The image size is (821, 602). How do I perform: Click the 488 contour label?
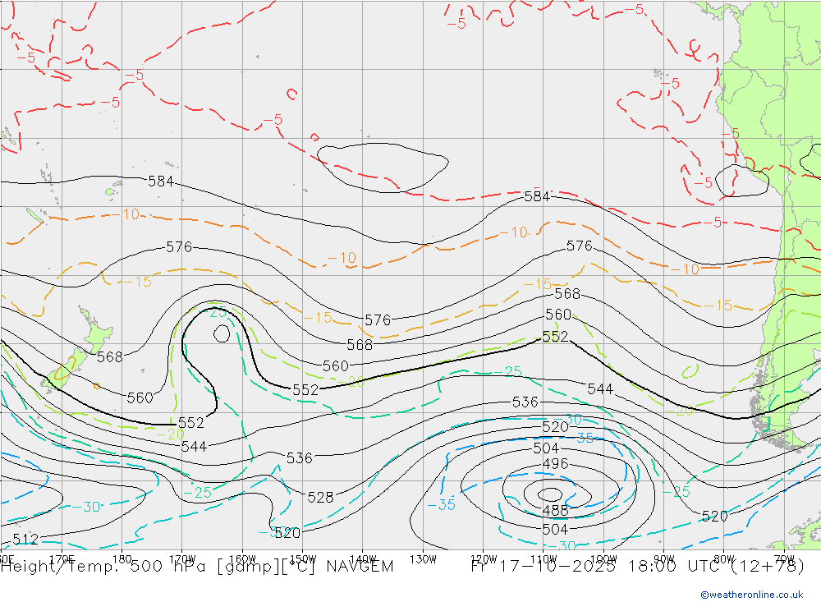click(556, 511)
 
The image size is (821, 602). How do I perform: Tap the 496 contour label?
click(556, 464)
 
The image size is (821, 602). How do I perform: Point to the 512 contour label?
click(25, 539)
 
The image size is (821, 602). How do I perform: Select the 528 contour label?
click(319, 497)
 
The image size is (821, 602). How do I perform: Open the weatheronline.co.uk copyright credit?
click(752, 595)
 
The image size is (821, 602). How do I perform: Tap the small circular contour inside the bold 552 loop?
click(222, 333)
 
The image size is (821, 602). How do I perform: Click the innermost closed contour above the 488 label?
click(550, 494)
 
